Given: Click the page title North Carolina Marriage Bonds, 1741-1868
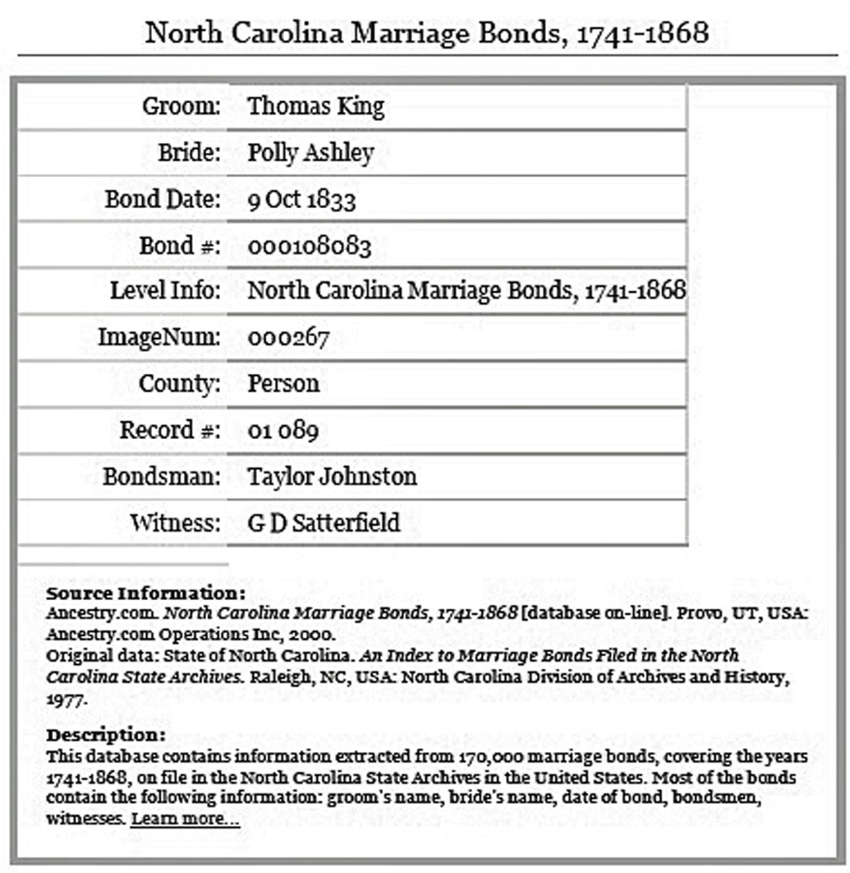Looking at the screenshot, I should tap(426, 33).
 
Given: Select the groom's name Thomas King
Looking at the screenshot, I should tap(316, 106).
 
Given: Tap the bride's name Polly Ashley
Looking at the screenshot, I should tap(311, 153).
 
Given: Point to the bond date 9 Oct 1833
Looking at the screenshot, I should tap(302, 199).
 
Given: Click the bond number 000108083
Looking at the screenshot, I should tap(309, 246).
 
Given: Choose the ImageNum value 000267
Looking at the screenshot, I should tap(288, 337).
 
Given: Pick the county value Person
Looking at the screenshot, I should tap(283, 383).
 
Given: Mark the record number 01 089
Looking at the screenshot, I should tap(283, 429).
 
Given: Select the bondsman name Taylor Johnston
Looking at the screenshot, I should tap(332, 476).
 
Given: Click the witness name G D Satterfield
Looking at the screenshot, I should tap(324, 522).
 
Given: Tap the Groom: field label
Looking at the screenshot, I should tap(181, 106).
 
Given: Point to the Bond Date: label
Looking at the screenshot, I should tap(163, 199).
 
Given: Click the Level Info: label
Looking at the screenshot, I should tap(165, 291).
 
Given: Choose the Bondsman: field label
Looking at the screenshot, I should tap(162, 476).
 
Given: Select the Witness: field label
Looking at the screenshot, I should tap(176, 522).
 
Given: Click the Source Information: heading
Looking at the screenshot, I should tap(146, 593).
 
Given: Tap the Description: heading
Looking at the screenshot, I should tap(106, 735).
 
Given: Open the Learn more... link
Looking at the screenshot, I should tap(185, 819).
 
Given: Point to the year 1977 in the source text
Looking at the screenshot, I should tap(65, 697).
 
